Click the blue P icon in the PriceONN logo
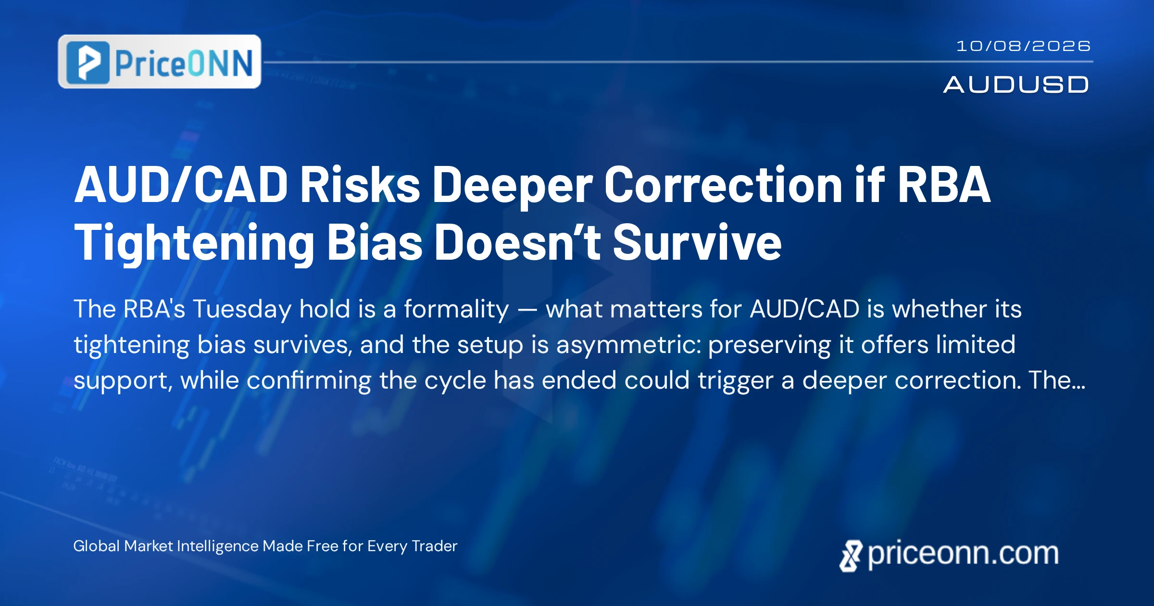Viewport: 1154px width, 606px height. [88, 63]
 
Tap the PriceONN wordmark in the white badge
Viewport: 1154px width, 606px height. [184, 63]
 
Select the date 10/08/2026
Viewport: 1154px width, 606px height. [1023, 46]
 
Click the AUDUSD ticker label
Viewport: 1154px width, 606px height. [1016, 85]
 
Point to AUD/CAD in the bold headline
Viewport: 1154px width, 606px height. [181, 185]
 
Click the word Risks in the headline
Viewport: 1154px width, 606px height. [360, 185]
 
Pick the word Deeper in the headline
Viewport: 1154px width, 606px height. [512, 188]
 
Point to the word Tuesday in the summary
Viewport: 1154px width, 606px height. [242, 309]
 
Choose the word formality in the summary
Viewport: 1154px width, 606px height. [456, 309]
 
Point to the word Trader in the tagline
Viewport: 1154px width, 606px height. [435, 546]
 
